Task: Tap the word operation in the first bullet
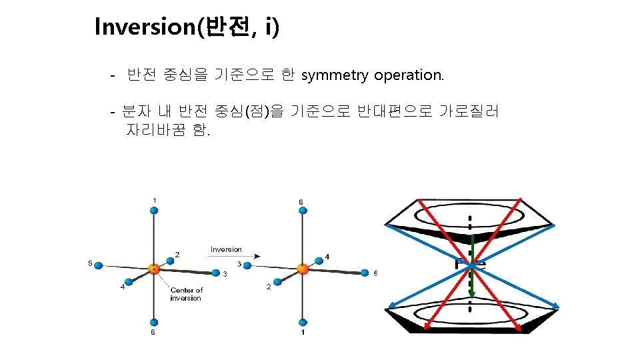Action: (x=408, y=75)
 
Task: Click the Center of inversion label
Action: (x=186, y=294)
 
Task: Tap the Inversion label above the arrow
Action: (x=226, y=249)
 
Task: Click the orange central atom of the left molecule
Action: (x=154, y=269)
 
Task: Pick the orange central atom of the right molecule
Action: (x=303, y=269)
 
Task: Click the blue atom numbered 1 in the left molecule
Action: (x=154, y=211)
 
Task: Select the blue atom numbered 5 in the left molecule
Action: (x=99, y=265)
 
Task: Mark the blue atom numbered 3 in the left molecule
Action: (x=215, y=273)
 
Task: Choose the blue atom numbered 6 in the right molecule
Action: (x=303, y=211)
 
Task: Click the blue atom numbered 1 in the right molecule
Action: (x=303, y=321)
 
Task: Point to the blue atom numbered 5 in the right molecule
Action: (x=365, y=273)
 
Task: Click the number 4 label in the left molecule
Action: (x=122, y=287)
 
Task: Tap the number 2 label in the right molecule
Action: (x=269, y=287)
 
